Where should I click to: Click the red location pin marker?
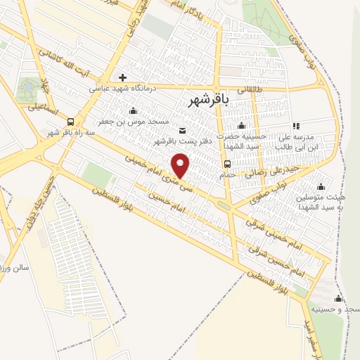[x=181, y=165]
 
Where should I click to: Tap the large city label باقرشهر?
[x=209, y=101]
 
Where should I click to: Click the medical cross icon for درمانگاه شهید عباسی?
[x=123, y=77]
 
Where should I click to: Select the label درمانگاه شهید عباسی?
[x=122, y=89]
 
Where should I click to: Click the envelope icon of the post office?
[x=183, y=130]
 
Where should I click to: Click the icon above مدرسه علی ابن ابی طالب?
[x=295, y=125]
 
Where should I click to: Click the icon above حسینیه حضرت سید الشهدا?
[x=241, y=126]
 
